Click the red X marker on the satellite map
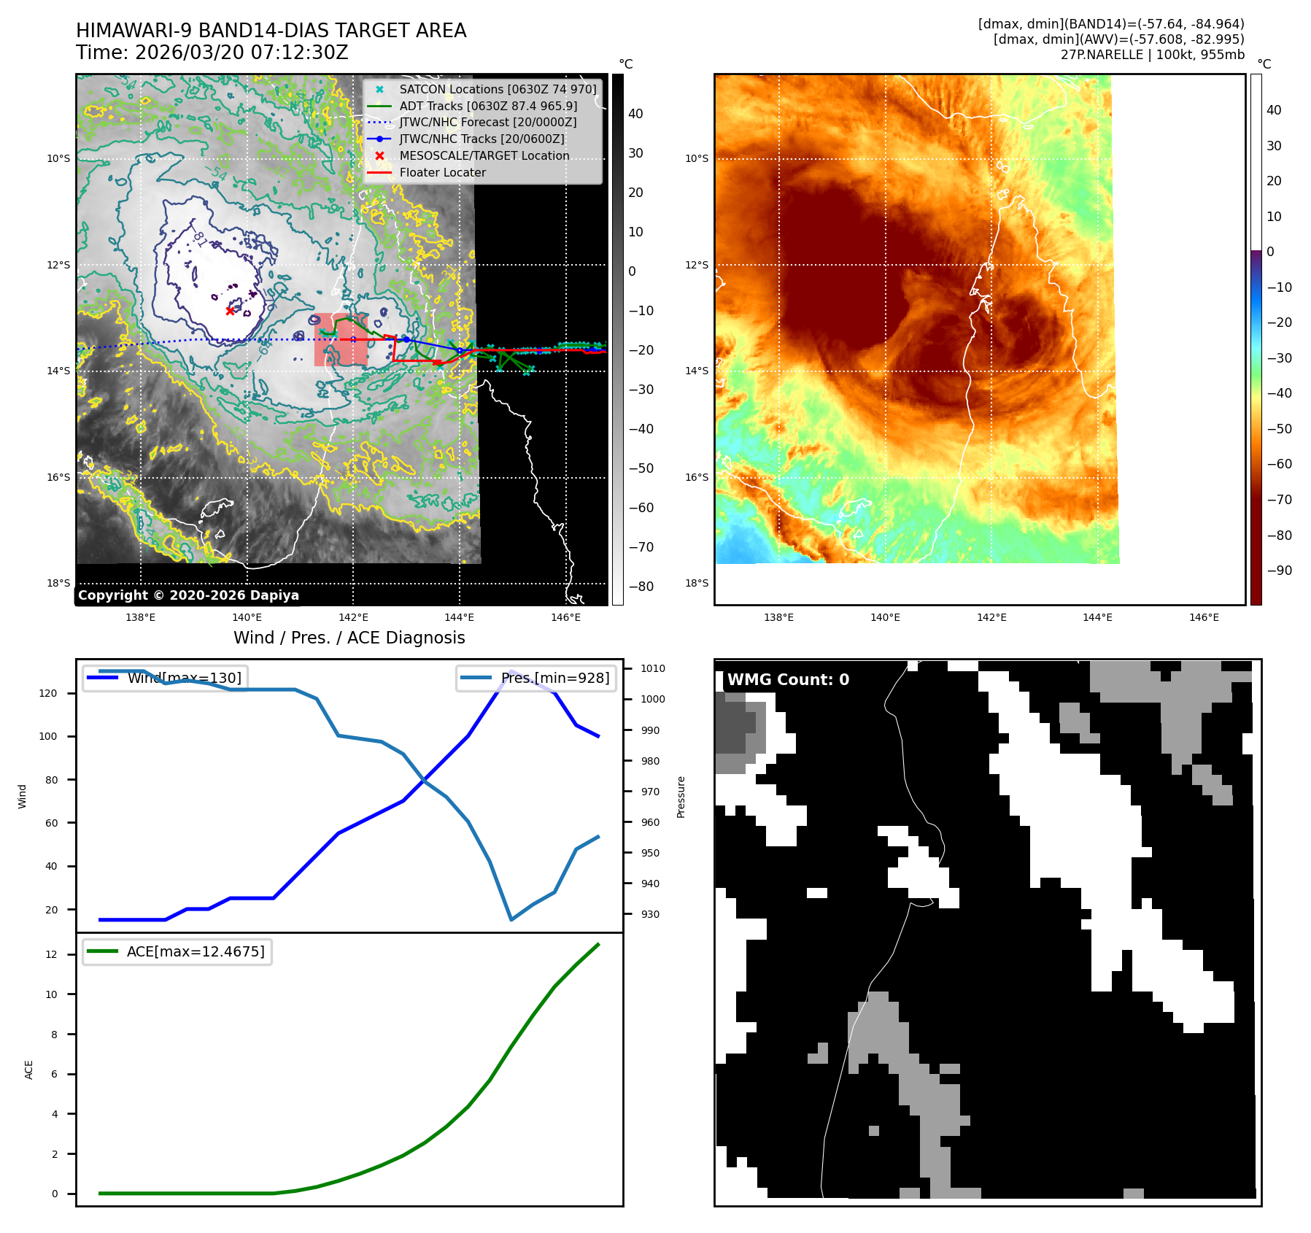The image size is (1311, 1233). tap(230, 311)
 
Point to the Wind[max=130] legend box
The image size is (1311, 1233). tap(164, 678)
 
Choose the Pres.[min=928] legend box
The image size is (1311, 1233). tap(536, 678)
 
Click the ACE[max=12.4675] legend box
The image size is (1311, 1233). tap(177, 951)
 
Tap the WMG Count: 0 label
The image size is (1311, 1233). tap(788, 680)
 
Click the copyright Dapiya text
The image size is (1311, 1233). tap(188, 595)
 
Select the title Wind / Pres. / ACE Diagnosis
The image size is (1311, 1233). tap(349, 638)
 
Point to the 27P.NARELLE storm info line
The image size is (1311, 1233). tap(1152, 55)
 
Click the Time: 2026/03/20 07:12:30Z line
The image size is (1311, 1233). tap(212, 53)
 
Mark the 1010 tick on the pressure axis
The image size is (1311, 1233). tap(652, 668)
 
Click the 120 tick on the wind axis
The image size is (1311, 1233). tap(48, 693)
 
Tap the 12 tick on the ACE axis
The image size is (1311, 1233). tap(51, 954)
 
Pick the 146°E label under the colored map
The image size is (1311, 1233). tap(1204, 617)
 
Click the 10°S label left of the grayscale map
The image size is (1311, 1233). tap(58, 158)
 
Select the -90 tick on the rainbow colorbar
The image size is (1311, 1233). tap(1279, 571)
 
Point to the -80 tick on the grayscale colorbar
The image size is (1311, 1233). tap(641, 587)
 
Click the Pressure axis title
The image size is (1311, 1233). tap(681, 797)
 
